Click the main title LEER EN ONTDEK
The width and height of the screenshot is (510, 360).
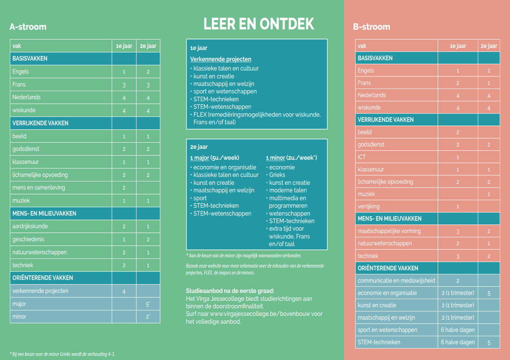click(259, 24)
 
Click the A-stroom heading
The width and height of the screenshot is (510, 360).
click(28, 27)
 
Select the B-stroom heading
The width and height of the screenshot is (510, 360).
click(371, 27)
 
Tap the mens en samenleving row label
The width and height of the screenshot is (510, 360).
click(39, 188)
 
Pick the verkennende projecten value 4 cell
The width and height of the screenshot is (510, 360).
click(124, 291)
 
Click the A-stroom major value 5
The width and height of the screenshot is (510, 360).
click(148, 304)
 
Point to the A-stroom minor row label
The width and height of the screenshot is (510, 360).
click(19, 317)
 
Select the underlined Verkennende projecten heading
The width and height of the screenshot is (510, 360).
click(221, 59)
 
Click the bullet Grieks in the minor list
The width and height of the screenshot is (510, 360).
click(277, 175)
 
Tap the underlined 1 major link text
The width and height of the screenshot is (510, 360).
click(200, 158)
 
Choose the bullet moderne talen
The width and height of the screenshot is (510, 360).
click(288, 190)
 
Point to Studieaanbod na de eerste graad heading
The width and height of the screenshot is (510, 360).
click(230, 291)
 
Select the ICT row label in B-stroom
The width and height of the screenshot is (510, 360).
click(362, 157)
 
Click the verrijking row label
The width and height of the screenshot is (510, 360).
click(369, 206)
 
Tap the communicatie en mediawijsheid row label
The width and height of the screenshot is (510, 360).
click(396, 281)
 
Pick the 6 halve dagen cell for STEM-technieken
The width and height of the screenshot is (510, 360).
click(458, 342)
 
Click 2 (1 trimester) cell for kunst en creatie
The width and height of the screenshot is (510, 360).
click(458, 305)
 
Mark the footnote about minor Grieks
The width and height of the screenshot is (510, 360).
click(62, 354)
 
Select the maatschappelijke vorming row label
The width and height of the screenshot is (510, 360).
click(389, 231)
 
